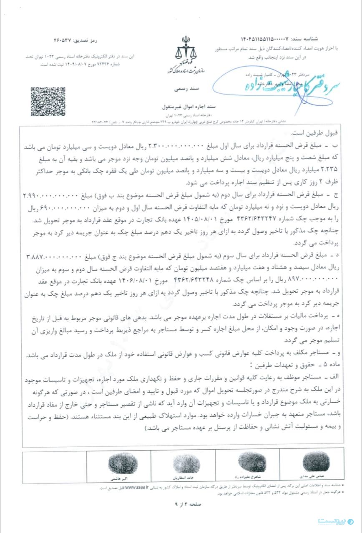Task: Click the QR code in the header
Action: (48, 101)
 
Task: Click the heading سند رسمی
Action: (181, 89)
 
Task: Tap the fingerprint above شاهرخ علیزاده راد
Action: (251, 462)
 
